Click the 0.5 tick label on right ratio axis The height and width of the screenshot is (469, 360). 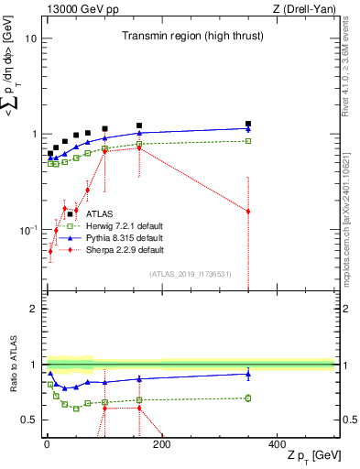click(349, 420)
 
